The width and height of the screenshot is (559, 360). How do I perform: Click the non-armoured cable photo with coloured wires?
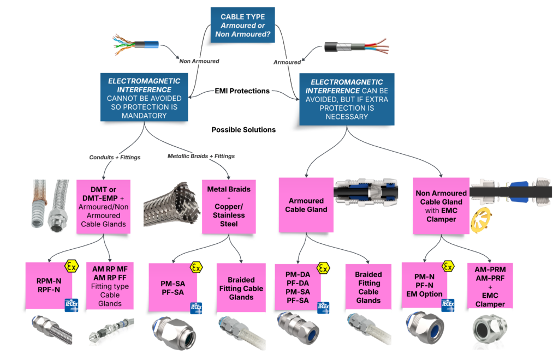pos(135,45)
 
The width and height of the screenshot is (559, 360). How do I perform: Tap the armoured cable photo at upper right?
pos(355,48)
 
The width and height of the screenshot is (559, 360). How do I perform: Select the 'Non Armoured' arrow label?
pos(199,62)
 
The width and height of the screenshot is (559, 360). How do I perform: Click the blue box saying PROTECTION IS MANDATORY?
pos(144,98)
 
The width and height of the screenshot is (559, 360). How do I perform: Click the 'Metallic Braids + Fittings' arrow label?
pos(201,157)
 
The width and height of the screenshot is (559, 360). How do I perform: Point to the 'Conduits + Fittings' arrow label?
pos(115,158)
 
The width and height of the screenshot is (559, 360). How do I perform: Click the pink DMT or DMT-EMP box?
pos(103,207)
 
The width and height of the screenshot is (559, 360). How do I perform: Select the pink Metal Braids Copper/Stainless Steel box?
pos(229,206)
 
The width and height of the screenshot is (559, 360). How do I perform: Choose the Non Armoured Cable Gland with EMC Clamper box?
pos(441,206)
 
